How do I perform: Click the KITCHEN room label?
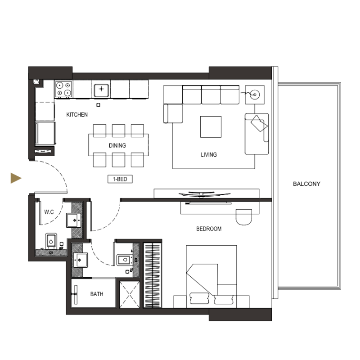point(77,115)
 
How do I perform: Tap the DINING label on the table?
point(117,145)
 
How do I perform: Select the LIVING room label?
point(209,154)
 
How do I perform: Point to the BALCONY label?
point(306,184)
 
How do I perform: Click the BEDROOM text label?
point(209,229)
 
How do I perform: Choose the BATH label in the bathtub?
point(96,294)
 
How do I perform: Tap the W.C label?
point(49,211)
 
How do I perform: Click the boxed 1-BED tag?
point(120,179)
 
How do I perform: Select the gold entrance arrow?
point(16,178)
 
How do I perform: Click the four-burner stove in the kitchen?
point(63,89)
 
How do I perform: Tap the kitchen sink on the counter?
point(101,89)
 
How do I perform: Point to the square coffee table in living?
point(211,126)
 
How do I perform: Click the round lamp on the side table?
point(255,94)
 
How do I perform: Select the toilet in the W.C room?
point(51,241)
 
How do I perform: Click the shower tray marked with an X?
point(130,294)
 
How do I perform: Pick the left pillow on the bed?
point(198,299)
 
